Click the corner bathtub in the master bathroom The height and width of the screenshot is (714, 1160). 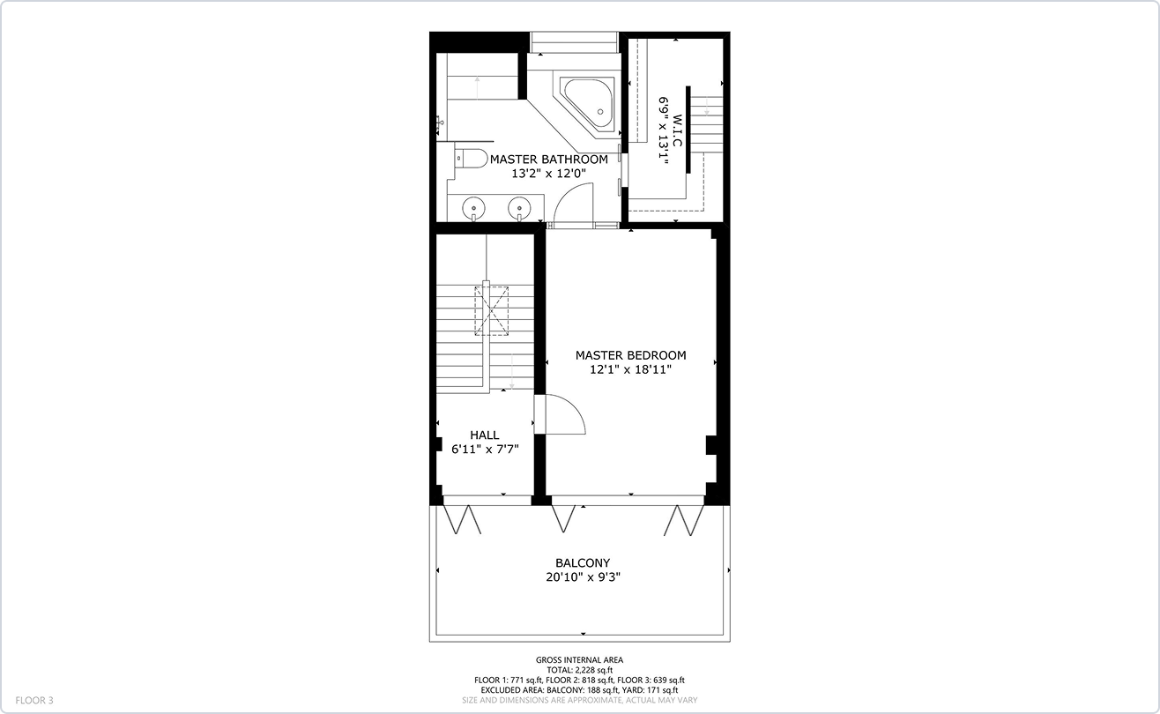(x=588, y=103)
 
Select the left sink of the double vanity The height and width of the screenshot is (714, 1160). (x=473, y=208)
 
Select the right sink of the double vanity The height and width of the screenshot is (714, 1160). (x=519, y=208)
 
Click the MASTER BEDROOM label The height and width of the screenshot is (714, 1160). (x=630, y=355)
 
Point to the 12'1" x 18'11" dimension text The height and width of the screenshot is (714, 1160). (x=630, y=370)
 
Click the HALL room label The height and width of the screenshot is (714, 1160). (x=484, y=435)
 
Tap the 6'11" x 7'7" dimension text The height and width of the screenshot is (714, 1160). (x=484, y=449)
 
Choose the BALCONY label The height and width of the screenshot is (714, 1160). (x=582, y=563)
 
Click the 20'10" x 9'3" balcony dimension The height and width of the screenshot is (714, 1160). (x=582, y=577)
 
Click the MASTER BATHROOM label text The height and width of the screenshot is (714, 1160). (x=548, y=160)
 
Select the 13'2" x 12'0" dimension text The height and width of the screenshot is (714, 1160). (x=548, y=174)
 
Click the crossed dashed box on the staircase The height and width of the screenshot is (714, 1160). (x=493, y=309)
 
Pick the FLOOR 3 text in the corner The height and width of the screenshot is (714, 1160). (x=34, y=701)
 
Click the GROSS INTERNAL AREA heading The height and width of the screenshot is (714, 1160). (x=579, y=660)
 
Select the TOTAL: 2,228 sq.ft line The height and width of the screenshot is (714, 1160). (x=579, y=670)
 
